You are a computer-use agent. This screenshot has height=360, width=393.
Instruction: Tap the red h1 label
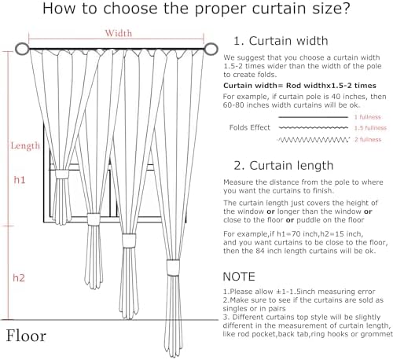(20, 180)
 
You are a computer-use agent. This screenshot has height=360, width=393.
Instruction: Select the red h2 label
(20, 277)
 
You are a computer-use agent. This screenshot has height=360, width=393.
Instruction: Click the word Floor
(27, 336)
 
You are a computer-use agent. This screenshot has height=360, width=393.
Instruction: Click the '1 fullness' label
(369, 116)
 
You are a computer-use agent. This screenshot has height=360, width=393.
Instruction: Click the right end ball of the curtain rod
(212, 51)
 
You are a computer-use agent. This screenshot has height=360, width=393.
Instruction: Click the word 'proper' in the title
(196, 12)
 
